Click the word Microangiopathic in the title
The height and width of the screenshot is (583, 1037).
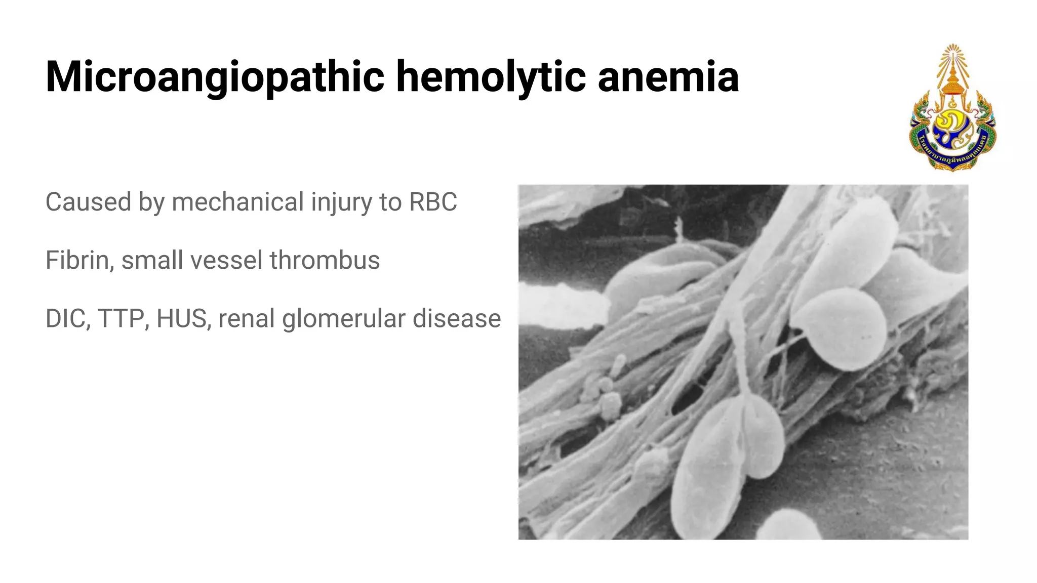[x=215, y=77]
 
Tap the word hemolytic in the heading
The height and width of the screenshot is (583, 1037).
[x=491, y=77]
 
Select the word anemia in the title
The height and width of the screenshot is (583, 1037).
[x=668, y=77]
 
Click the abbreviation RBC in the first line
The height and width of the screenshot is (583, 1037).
[x=433, y=202]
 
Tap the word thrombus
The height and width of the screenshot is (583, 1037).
[x=325, y=260]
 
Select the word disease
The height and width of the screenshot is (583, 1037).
[x=457, y=319]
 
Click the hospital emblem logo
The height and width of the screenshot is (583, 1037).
[x=953, y=109]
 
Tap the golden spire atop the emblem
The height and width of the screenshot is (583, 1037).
[x=953, y=66]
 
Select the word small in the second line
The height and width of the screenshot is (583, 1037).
[x=150, y=260]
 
